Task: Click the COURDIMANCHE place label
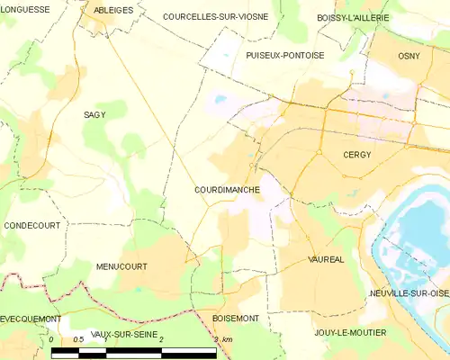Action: pyautogui.click(x=227, y=190)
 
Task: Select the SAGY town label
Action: pyautogui.click(x=95, y=115)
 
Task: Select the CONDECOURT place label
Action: pyautogui.click(x=31, y=225)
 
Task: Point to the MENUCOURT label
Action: pyautogui.click(x=121, y=266)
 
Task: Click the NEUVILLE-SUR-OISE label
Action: pyautogui.click(x=409, y=293)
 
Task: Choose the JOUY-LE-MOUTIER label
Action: pyautogui.click(x=350, y=333)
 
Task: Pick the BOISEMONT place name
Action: pyautogui.click(x=236, y=319)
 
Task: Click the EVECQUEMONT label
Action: pyautogui.click(x=31, y=319)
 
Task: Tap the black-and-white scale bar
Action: pyautogui.click(x=134, y=351)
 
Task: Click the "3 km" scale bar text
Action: pyautogui.click(x=223, y=338)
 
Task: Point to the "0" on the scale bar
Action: pyautogui.click(x=52, y=338)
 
